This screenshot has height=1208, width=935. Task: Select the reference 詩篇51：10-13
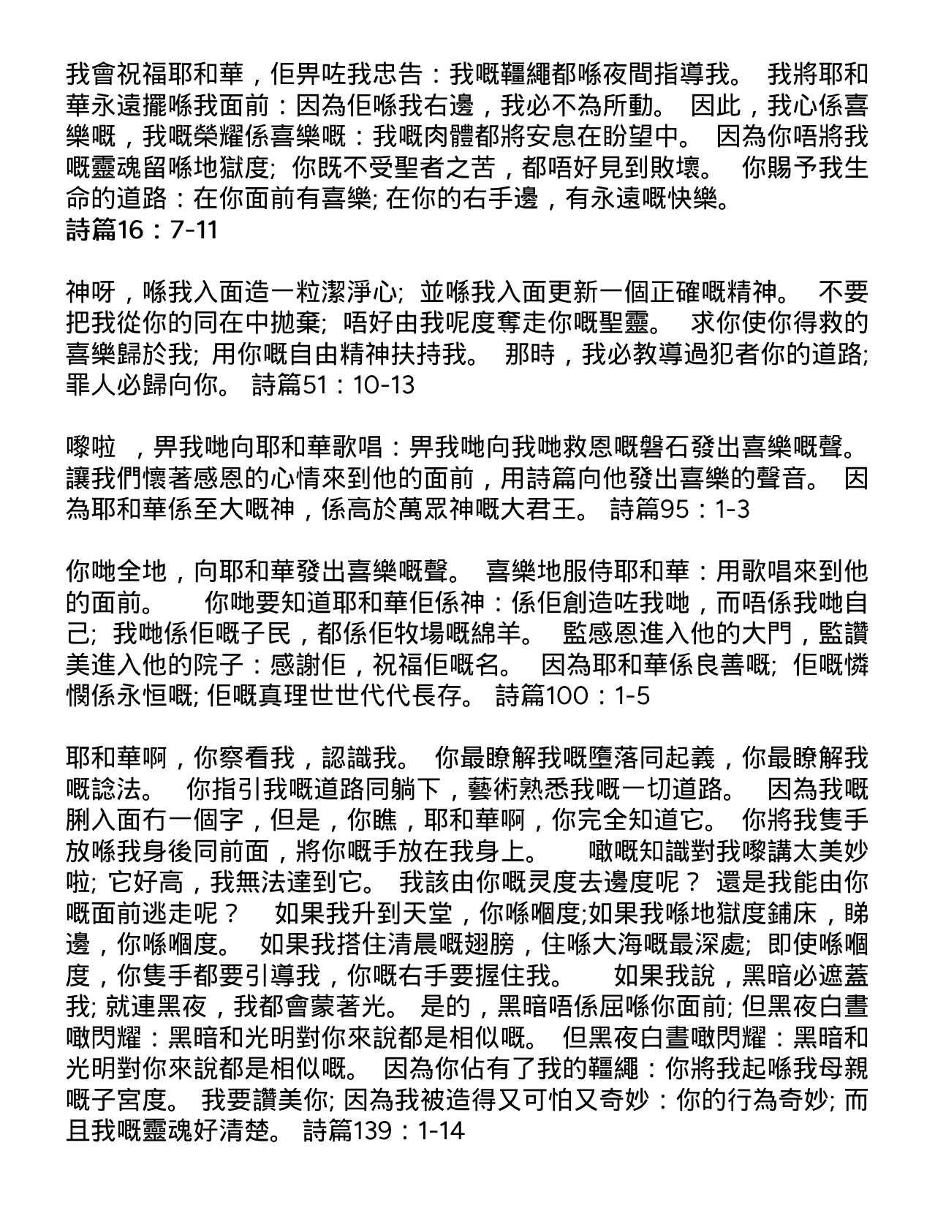333,385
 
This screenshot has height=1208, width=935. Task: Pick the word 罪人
91,385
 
